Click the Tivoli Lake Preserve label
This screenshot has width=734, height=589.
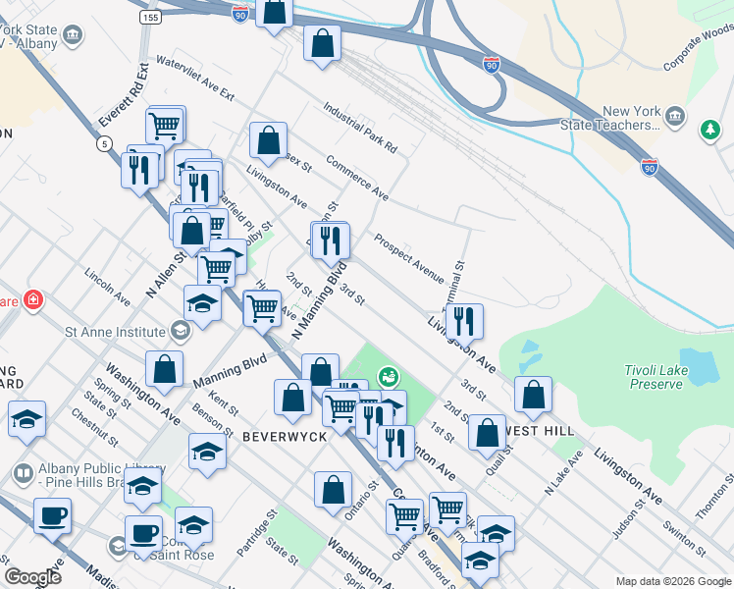coord(654,377)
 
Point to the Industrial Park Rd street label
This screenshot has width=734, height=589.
coord(359,130)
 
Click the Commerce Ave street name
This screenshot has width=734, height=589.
coord(357,178)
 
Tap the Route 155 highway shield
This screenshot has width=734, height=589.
coord(150,18)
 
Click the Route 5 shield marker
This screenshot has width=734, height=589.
coord(103,144)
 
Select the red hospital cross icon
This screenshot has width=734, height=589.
coord(32,298)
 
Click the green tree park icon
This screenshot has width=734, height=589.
coord(709,130)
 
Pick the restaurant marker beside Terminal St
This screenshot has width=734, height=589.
coord(464,320)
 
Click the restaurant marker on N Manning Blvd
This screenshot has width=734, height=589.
coord(331,239)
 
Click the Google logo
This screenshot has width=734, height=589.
coord(32,577)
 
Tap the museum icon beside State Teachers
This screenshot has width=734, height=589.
coord(675,118)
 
